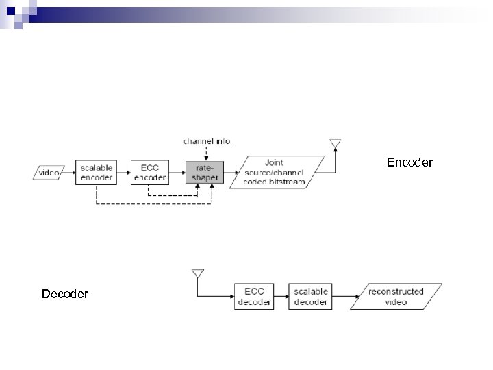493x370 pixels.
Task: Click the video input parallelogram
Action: (x=49, y=173)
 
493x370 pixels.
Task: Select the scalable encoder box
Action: (x=95, y=173)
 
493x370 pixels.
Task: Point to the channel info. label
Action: (x=207, y=142)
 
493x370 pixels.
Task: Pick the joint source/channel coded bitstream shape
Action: (x=276, y=173)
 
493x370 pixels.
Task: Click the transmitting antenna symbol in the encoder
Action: (x=335, y=144)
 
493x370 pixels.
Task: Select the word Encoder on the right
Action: (x=409, y=163)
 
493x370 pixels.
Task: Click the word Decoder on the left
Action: (x=65, y=294)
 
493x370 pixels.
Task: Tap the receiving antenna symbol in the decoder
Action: (x=197, y=274)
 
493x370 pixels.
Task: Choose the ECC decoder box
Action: (x=254, y=297)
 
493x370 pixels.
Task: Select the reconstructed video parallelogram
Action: (x=396, y=297)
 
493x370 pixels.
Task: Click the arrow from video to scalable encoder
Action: (x=69, y=173)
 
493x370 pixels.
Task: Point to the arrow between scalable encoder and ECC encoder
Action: (x=123, y=173)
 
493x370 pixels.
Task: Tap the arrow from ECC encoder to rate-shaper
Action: (x=177, y=173)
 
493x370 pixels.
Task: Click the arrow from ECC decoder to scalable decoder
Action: (x=281, y=297)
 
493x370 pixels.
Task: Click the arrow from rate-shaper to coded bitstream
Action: (x=229, y=173)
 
